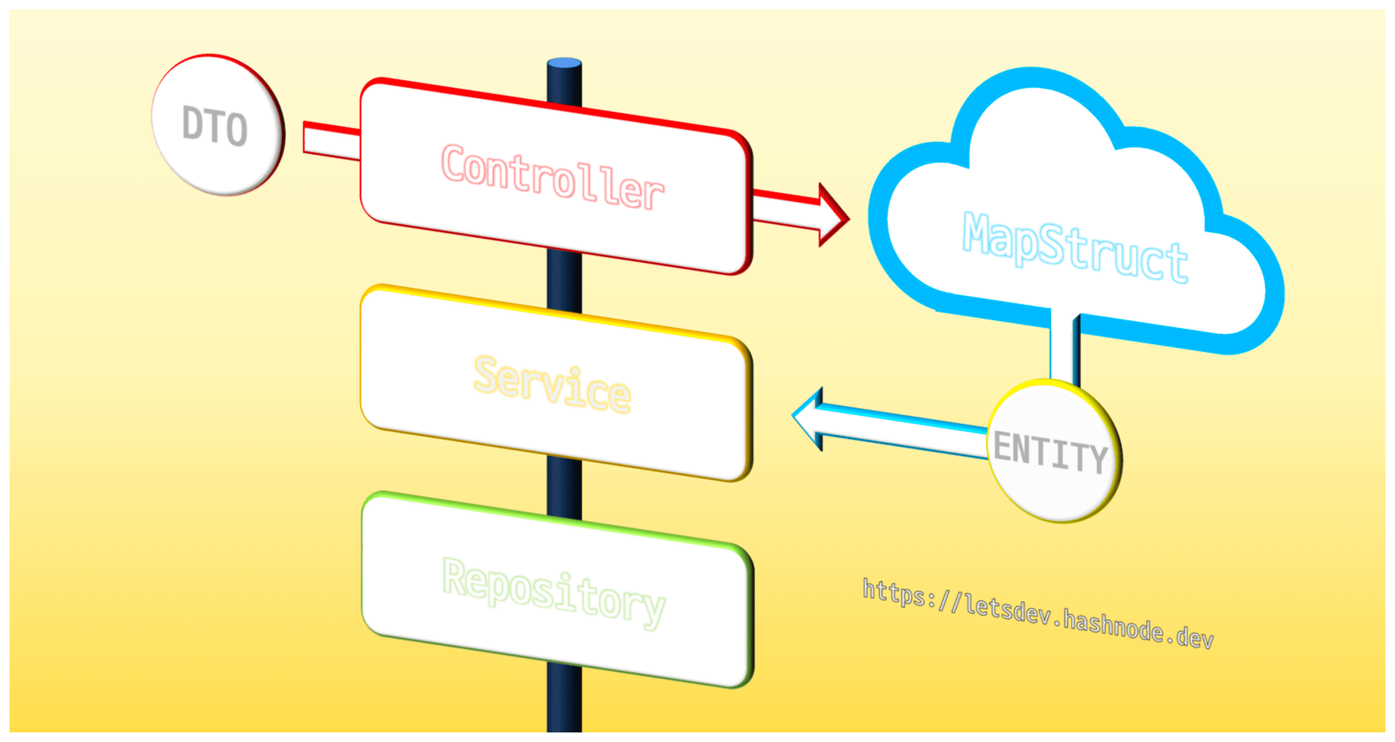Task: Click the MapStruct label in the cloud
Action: (1074, 247)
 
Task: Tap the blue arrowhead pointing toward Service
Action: (809, 417)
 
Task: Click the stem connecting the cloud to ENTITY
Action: (1063, 347)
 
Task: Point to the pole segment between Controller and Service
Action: (564, 282)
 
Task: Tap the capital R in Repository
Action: (455, 576)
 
